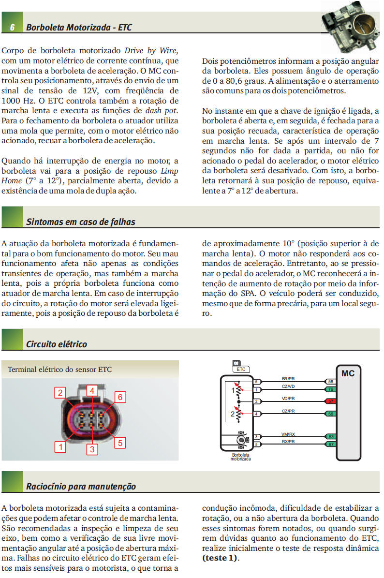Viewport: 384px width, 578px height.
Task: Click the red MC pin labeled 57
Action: (x=331, y=401)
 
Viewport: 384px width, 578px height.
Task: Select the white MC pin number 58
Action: (x=331, y=382)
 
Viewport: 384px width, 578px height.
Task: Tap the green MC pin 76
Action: (x=331, y=389)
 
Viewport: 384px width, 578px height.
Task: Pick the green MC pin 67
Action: (x=331, y=444)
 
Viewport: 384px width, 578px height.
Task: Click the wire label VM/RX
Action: (x=288, y=434)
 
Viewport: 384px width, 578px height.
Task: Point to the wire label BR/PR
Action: (x=288, y=379)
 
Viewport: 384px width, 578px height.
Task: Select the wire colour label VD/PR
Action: (x=288, y=399)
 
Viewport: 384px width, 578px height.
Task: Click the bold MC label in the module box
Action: (x=348, y=373)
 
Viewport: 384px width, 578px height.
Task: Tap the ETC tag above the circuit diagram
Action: (x=241, y=369)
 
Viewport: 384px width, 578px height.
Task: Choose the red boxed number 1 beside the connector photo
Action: (x=60, y=447)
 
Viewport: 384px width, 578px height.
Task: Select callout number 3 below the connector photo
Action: (x=92, y=449)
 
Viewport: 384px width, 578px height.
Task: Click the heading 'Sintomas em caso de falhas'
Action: (x=81, y=222)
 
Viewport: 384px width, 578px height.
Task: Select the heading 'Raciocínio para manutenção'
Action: (x=81, y=486)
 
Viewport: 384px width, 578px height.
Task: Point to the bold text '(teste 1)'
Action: (x=220, y=558)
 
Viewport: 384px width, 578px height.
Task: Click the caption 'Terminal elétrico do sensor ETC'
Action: (x=59, y=370)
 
